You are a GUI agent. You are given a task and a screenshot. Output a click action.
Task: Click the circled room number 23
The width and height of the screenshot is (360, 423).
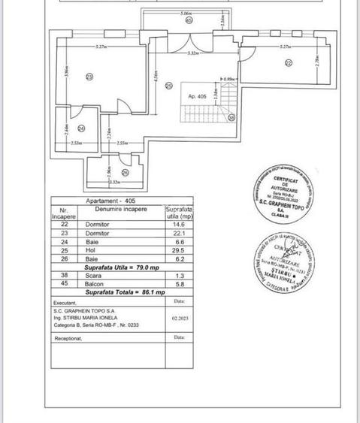(x=89, y=77)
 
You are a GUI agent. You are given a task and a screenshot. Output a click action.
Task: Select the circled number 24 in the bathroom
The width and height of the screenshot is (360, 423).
(x=81, y=128)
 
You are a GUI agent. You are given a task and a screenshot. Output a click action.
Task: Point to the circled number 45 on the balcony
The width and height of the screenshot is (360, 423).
(x=188, y=20)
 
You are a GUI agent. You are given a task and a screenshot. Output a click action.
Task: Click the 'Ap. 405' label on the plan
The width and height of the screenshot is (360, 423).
(x=197, y=95)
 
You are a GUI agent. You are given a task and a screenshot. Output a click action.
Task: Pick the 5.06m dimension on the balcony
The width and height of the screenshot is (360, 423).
(x=185, y=14)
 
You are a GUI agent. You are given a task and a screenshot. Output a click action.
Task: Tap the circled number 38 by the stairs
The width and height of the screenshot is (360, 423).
(x=231, y=117)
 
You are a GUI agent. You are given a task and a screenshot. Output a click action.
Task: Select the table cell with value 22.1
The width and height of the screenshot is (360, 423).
(x=177, y=233)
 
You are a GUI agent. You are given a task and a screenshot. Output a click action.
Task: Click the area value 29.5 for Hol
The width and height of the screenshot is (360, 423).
(x=177, y=249)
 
